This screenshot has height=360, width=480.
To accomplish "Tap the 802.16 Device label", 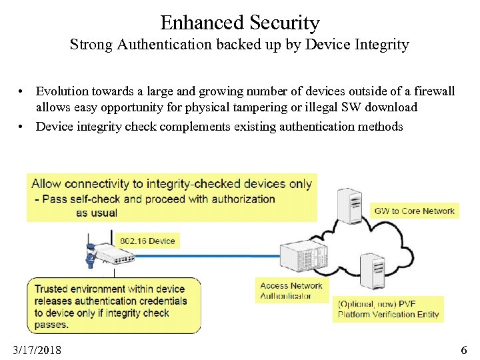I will tap(147, 241).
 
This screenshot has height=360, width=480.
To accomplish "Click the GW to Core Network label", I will tap(414, 211).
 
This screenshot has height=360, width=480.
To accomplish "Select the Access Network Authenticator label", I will tap(291, 291).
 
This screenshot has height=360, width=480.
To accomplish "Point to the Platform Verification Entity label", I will tap(388, 315).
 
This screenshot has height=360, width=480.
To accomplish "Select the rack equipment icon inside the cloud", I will tap(301, 257).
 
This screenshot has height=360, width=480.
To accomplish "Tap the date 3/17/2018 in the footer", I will tap(37, 350).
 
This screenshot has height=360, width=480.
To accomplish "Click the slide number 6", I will tap(464, 350).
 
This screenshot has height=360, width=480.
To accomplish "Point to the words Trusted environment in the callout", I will tap(80, 289).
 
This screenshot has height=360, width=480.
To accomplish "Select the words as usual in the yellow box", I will tap(97, 213).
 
